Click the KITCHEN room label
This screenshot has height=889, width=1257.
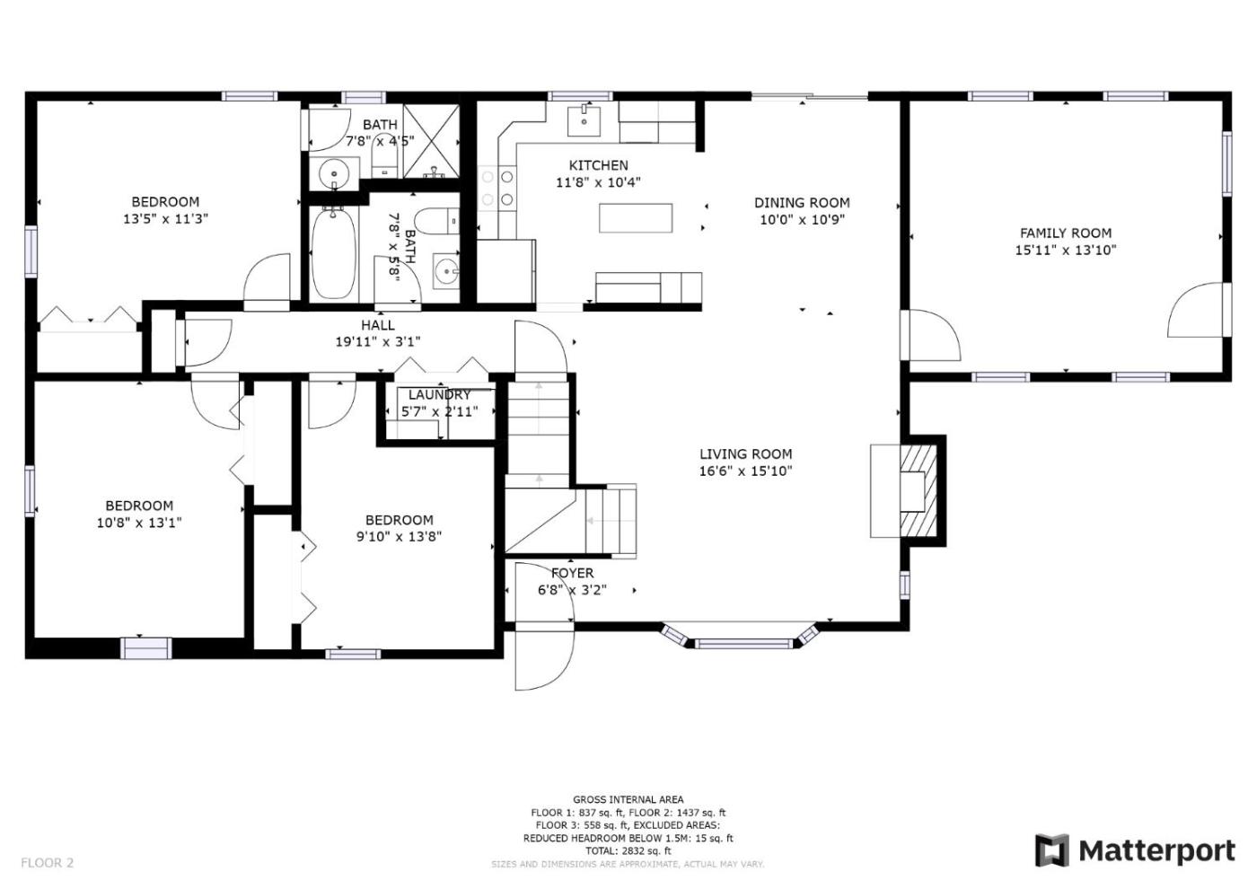coord(598,165)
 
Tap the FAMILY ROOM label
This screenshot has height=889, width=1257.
coord(1065,233)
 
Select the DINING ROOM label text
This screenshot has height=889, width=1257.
coord(802,203)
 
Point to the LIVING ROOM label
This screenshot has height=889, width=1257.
coord(746,454)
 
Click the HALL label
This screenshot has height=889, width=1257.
coord(378,325)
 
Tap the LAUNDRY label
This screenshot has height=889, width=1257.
coord(439,394)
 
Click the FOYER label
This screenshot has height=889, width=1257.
coord(572,573)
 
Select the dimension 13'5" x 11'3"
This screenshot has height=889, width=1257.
coord(165,219)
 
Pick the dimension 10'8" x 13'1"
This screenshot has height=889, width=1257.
coord(139,523)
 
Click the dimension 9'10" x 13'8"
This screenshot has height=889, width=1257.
coord(399,537)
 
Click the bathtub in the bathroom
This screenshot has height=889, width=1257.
coord(334,253)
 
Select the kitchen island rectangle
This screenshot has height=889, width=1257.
coord(636,217)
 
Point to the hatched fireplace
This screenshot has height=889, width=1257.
coord(919,491)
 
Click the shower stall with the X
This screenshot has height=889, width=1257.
coord(432,141)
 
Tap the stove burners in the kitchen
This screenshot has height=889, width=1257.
coord(497,188)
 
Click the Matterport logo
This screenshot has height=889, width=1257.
coord(1135,851)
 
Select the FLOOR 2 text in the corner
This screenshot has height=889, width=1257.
coord(47,863)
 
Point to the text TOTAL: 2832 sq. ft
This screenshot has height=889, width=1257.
coord(628,851)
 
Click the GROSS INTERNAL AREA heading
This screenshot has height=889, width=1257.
coord(628,799)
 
